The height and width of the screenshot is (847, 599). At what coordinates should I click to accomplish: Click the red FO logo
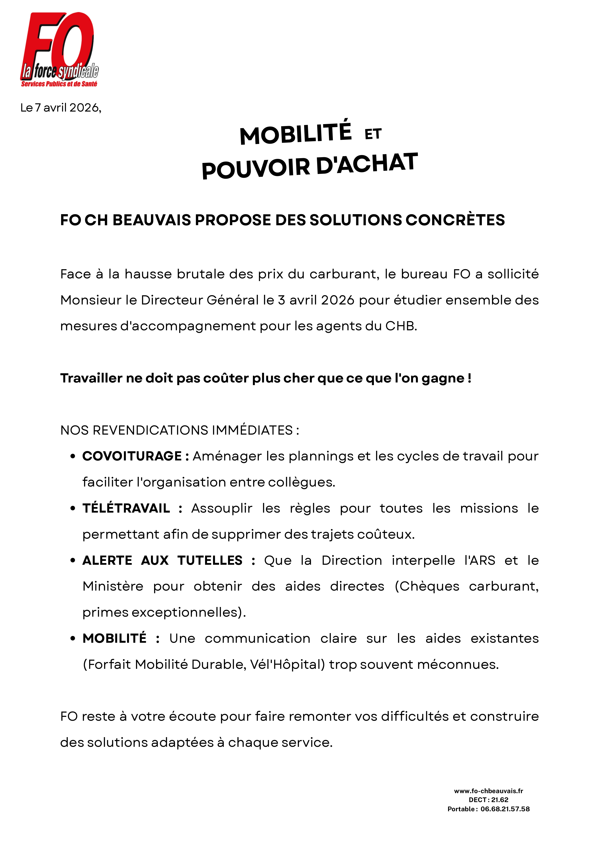click(59, 48)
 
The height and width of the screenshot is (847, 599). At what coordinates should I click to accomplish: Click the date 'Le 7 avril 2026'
click(61, 108)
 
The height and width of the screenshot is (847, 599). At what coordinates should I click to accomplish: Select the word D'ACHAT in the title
click(367, 163)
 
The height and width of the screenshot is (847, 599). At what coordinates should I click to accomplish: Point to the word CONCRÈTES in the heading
click(455, 220)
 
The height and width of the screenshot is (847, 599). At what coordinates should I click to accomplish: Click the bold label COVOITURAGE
click(132, 456)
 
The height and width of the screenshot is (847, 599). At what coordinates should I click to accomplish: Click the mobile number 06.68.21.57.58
click(505, 809)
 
